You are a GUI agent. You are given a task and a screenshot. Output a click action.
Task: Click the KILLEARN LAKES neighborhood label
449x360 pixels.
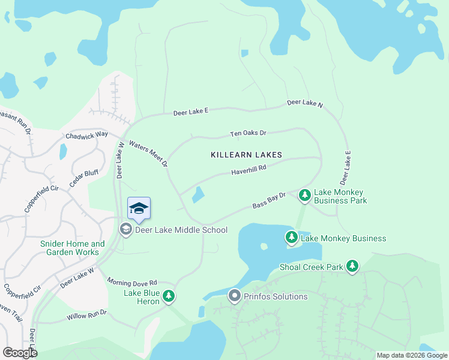click(246, 155)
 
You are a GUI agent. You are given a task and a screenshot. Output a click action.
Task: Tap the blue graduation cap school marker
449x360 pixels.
click(139, 209)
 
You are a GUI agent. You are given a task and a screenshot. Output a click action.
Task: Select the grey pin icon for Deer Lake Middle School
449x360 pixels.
click(125, 229)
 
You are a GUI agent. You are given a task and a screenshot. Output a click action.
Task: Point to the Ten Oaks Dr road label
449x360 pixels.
click(248, 133)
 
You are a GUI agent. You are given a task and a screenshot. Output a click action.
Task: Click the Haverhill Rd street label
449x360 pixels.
click(249, 172)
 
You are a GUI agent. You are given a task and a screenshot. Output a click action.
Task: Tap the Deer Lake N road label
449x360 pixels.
click(305, 103)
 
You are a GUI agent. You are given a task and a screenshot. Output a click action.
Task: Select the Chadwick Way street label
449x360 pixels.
click(86, 135)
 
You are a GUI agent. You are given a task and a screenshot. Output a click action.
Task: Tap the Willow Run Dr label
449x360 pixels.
click(86, 313)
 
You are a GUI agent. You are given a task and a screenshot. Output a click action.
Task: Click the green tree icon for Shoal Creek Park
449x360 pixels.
click(352, 266)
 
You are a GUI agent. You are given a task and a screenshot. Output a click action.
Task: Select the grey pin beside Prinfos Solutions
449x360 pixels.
click(234, 296)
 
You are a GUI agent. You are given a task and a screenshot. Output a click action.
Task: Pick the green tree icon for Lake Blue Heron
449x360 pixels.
click(169, 295)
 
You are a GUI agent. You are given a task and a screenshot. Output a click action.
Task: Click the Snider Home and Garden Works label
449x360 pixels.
click(72, 248)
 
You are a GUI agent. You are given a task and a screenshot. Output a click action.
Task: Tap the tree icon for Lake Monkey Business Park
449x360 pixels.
click(305, 195)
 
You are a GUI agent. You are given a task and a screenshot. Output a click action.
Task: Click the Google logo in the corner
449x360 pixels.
click(20, 353)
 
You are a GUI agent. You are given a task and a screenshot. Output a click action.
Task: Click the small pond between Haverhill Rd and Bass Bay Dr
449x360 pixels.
click(197, 195)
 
